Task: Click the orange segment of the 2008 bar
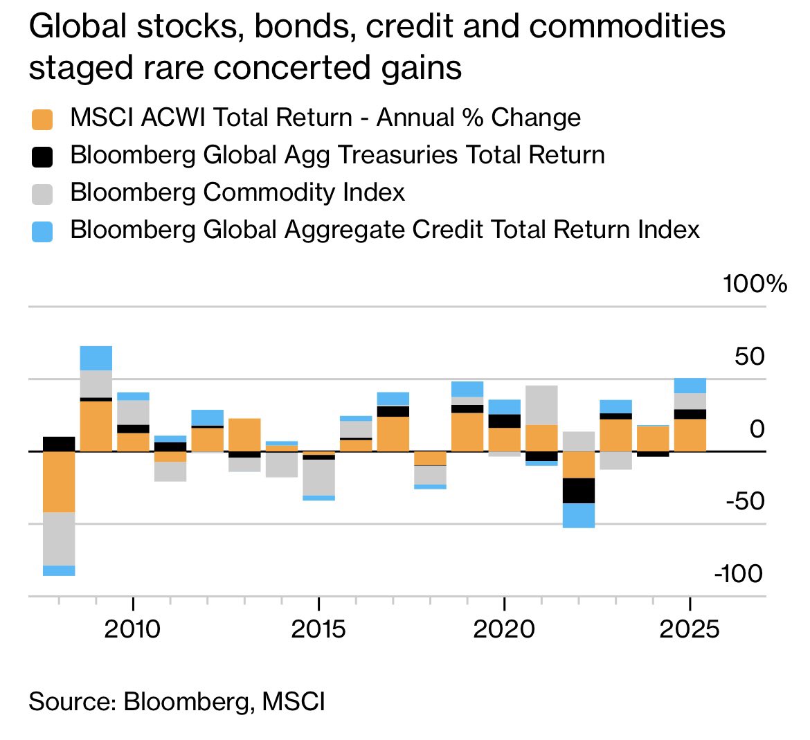click(x=59, y=481)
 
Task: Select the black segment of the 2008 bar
click(x=59, y=444)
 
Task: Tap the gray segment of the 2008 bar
click(x=59, y=539)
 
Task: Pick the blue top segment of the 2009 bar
click(x=96, y=358)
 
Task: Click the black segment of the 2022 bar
click(x=578, y=490)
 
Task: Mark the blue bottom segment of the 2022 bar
click(x=578, y=515)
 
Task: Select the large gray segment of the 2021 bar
click(x=541, y=405)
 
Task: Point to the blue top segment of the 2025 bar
click(x=690, y=386)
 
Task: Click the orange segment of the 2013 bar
click(x=244, y=435)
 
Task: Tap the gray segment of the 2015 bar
click(x=318, y=478)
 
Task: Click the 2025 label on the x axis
click(x=689, y=629)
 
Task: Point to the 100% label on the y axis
click(x=754, y=284)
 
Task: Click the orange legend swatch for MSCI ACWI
click(x=42, y=118)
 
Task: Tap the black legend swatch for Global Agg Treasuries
click(x=42, y=156)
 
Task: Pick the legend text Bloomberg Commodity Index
click(x=237, y=192)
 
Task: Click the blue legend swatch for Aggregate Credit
click(x=42, y=231)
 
